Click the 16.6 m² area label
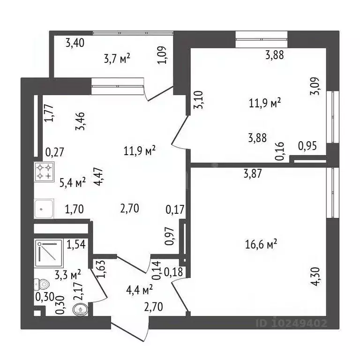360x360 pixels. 261,244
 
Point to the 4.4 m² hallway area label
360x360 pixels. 140,291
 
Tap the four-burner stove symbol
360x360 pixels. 45,172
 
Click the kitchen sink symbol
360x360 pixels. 45,209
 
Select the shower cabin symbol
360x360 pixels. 48,253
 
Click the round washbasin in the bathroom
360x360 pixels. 81,310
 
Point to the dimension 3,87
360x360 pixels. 253,174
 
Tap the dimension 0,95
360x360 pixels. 307,146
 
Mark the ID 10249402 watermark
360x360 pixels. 291,323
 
